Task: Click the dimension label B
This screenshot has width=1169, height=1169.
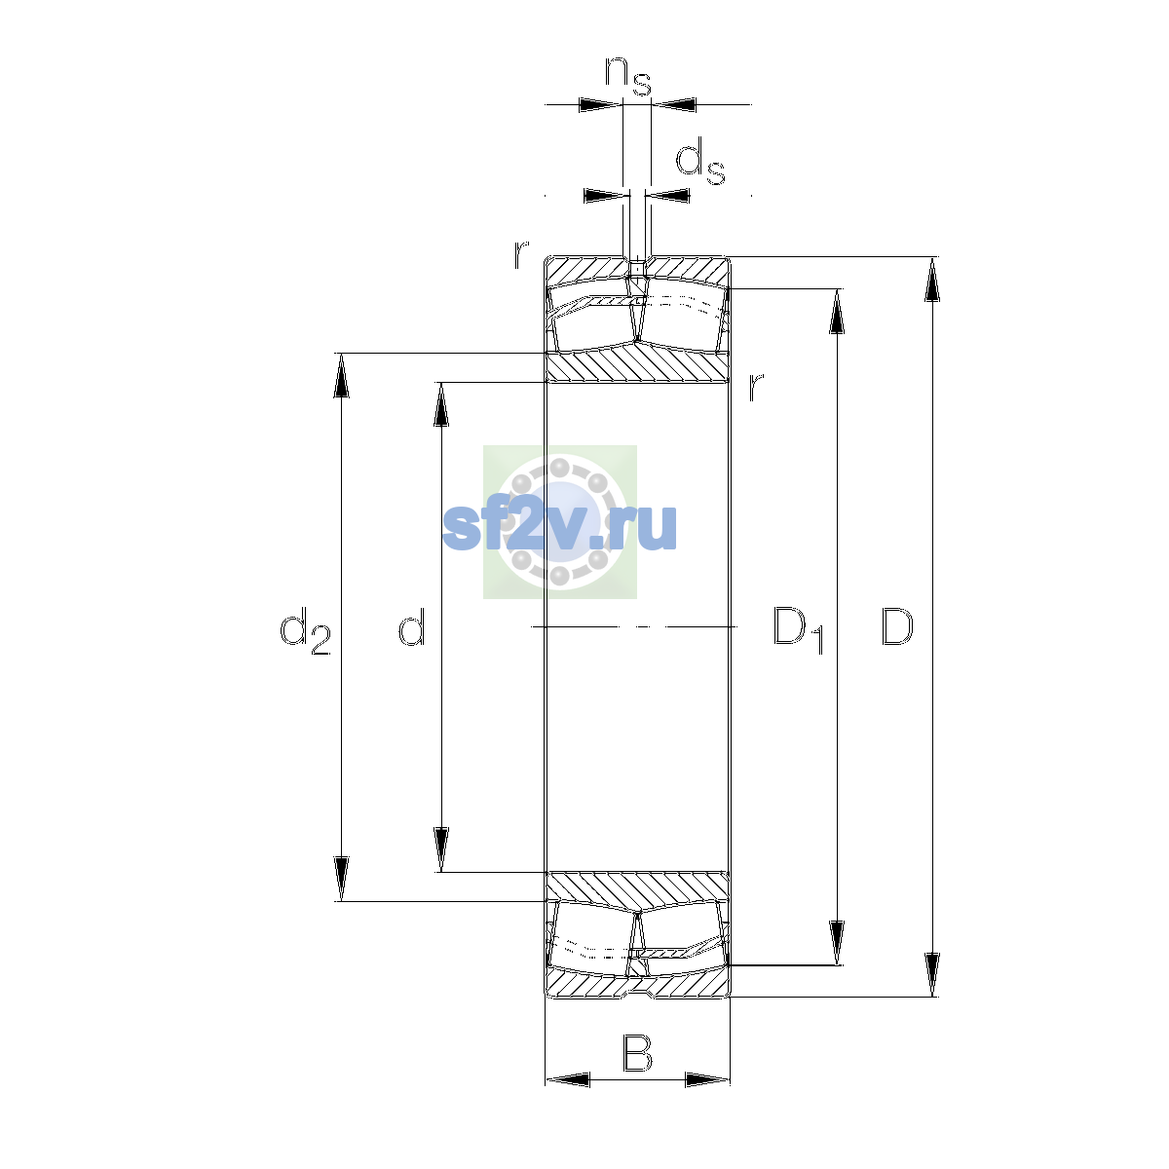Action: point(637,1053)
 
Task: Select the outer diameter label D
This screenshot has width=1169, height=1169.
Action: point(896,626)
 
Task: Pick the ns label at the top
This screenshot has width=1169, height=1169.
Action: point(628,76)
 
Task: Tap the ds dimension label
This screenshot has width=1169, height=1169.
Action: point(700,161)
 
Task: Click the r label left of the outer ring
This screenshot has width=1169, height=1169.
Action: point(521,255)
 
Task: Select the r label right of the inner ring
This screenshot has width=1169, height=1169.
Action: point(755,387)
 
